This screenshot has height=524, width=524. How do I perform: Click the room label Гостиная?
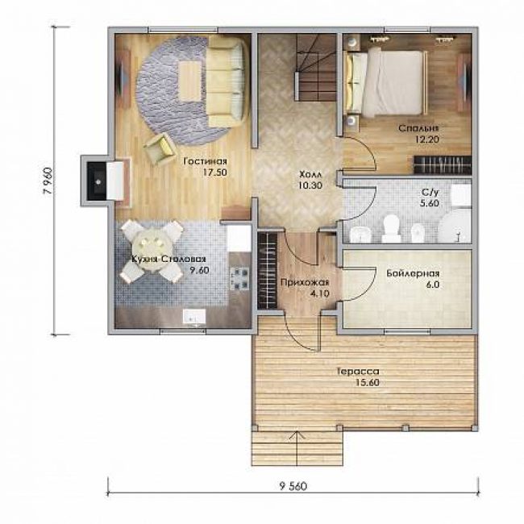click(x=206, y=161)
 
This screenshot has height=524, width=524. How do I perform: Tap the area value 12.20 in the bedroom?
click(x=427, y=139)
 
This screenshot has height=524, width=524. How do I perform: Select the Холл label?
click(x=310, y=174)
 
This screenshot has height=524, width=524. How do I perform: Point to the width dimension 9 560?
click(x=293, y=486)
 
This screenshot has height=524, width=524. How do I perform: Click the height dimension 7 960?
click(x=49, y=181)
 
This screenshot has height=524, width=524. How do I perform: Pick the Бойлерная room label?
click(x=413, y=274)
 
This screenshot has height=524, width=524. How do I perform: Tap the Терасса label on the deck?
click(x=358, y=372)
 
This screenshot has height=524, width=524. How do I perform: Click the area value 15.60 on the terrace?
click(x=368, y=382)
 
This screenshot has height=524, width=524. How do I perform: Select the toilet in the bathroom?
click(x=391, y=228)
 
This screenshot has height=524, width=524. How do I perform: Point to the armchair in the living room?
click(x=160, y=148)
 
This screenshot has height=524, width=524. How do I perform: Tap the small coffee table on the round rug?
click(x=190, y=81)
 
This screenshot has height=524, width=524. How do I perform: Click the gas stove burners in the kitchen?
click(x=240, y=279)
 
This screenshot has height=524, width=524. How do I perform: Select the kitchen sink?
click(x=194, y=317)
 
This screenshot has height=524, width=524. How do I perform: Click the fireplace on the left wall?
click(x=99, y=181)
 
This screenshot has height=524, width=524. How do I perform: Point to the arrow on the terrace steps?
click(x=297, y=447)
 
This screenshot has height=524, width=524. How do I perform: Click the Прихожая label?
click(x=305, y=283)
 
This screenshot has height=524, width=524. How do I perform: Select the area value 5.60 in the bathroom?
click(x=430, y=203)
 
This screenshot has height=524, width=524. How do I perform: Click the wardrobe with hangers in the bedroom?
click(x=443, y=164)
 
